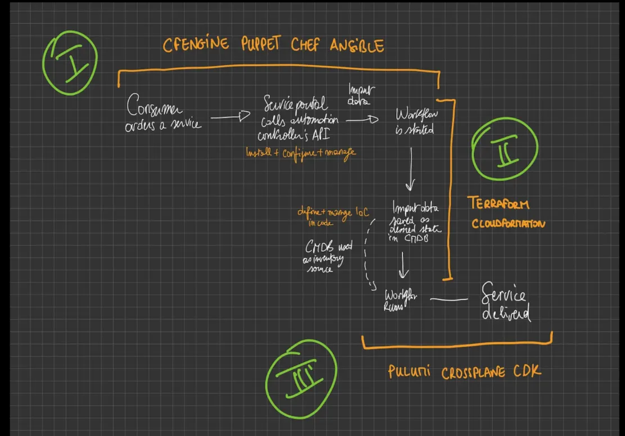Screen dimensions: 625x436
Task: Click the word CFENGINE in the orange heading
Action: [196, 44]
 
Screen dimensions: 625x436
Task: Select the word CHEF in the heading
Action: [305, 45]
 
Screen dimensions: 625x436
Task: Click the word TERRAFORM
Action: [499, 204]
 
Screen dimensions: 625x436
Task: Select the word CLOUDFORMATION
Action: [508, 224]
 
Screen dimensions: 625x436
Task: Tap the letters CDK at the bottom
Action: [528, 371]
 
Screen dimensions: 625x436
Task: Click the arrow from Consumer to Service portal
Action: [230, 117]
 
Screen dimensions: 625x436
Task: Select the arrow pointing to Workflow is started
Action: [362, 119]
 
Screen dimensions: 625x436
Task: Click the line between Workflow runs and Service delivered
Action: [449, 299]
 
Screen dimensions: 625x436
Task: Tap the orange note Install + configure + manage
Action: [301, 152]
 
